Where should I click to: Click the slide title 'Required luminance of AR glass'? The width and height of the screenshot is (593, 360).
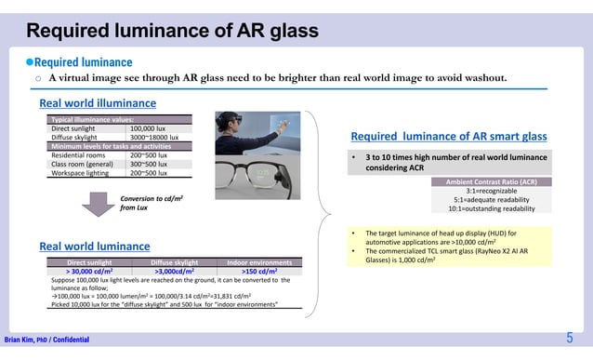click(x=172, y=31)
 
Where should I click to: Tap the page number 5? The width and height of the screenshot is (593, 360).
click(x=569, y=338)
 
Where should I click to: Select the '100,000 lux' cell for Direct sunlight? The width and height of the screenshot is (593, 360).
click(x=148, y=129)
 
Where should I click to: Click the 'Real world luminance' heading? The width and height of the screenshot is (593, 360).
click(x=94, y=247)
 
